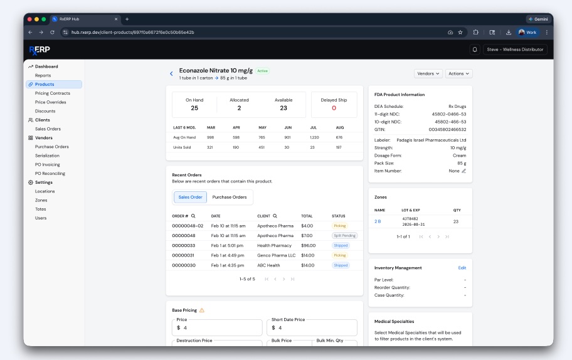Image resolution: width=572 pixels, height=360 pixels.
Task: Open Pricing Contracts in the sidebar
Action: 53,93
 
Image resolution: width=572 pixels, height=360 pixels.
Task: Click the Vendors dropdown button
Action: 428,73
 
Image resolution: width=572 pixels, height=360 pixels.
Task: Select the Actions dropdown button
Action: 459,73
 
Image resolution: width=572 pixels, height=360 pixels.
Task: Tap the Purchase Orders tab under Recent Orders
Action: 230,197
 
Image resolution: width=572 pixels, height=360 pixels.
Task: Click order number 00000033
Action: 184,245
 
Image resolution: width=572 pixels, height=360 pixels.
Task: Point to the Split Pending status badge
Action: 344,236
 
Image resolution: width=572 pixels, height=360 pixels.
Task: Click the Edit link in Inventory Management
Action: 462,268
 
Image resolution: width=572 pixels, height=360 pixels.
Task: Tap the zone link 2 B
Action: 378,221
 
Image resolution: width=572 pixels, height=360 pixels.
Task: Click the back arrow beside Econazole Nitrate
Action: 171,73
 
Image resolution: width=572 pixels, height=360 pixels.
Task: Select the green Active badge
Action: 262,71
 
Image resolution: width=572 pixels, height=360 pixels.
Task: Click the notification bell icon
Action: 475,50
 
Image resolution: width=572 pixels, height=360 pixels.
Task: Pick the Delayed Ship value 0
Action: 334,108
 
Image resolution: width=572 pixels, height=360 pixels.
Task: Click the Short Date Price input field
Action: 313,327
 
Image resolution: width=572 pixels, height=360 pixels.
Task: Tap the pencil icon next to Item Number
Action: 464,171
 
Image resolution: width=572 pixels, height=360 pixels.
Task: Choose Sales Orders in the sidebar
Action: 48,129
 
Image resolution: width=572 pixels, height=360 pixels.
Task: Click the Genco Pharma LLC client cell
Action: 276,255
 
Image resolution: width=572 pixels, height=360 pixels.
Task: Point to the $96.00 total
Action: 308,245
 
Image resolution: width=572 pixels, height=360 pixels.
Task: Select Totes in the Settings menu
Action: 41,209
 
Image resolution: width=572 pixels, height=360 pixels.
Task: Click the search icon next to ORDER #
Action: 194,216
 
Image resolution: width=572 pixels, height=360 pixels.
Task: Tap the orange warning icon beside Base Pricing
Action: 202,310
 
